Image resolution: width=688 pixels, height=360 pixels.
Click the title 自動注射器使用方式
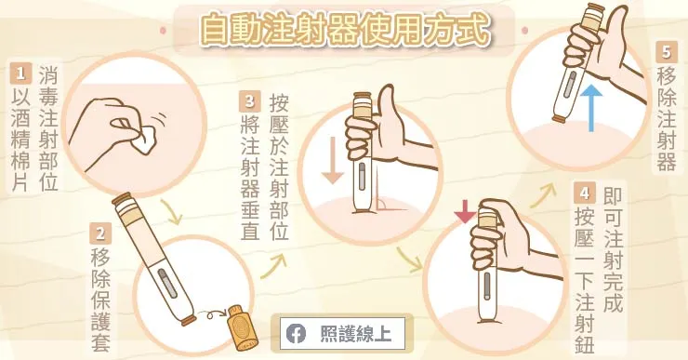point(344,29)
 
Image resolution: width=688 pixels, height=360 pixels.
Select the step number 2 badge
point(100,234)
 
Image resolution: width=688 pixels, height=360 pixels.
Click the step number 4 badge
point(583,194)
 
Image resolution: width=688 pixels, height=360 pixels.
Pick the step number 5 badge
point(665,52)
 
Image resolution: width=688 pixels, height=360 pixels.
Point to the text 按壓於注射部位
point(278,167)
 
